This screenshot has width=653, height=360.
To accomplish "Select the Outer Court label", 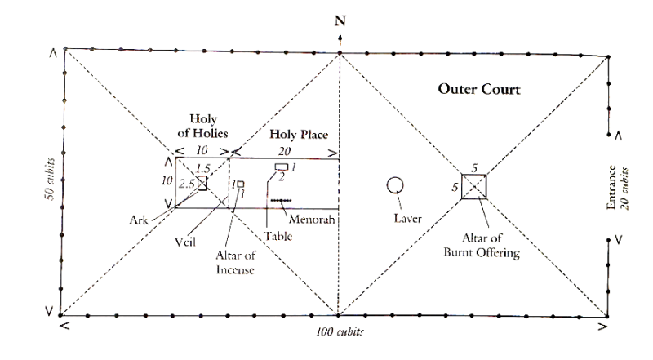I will pyautogui.click(x=474, y=88).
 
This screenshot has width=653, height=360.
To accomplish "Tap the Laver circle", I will pyautogui.click(x=396, y=184).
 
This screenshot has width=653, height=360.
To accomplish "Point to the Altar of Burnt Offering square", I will pyautogui.click(x=474, y=186).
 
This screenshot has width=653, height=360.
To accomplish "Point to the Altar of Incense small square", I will pyautogui.click(x=240, y=184).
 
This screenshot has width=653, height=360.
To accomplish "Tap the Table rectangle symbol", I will pyautogui.click(x=281, y=167).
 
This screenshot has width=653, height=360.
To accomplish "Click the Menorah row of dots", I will pyautogui.click(x=282, y=200).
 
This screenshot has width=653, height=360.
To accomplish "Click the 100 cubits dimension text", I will pyautogui.click(x=340, y=332).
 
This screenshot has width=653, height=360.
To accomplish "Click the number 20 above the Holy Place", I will pyautogui.click(x=282, y=152).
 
